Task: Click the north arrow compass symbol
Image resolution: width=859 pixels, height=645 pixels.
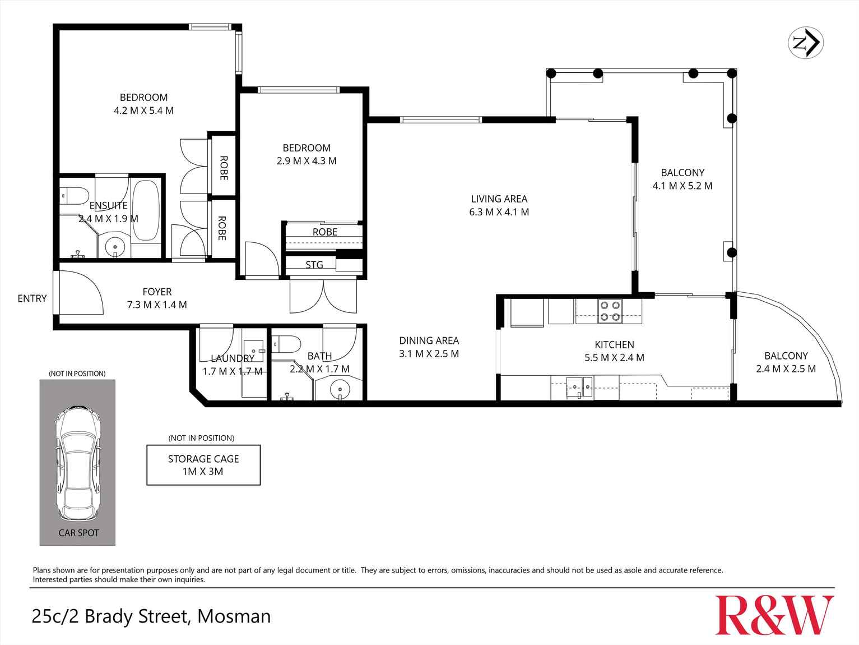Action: (x=806, y=43)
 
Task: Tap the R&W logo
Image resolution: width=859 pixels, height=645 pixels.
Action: (x=774, y=615)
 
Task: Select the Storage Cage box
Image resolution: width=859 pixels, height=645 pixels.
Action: (x=203, y=465)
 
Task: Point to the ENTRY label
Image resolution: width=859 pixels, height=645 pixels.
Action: (x=32, y=298)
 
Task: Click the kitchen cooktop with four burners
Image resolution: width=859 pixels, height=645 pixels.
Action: (x=610, y=311)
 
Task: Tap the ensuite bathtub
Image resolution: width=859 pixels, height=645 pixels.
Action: (x=146, y=210)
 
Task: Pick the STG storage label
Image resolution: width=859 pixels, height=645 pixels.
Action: (x=314, y=265)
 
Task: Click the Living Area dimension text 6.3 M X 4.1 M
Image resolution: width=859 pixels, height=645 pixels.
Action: (x=499, y=212)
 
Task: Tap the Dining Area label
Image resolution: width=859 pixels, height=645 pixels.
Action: (x=429, y=340)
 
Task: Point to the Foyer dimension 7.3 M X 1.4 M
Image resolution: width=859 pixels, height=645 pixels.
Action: (x=157, y=305)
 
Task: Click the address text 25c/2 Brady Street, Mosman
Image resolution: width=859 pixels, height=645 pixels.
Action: (x=151, y=616)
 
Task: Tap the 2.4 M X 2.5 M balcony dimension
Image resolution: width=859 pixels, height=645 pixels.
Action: (x=786, y=368)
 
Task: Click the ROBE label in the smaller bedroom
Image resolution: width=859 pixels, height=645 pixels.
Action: (x=324, y=232)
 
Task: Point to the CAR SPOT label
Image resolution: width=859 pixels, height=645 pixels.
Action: (x=78, y=533)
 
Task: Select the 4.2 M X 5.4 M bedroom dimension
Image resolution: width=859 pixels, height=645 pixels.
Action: (x=143, y=110)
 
